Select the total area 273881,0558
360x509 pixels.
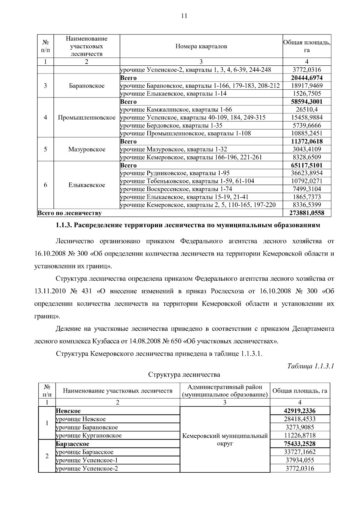(307, 213)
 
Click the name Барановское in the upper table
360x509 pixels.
(87, 86)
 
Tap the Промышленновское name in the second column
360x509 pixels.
(87, 118)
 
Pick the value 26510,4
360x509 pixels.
(307, 109)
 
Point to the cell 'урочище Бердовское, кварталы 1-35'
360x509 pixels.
(171, 125)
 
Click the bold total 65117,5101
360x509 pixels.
(307, 165)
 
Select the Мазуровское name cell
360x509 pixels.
(87, 149)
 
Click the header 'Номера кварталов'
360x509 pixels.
(201, 46)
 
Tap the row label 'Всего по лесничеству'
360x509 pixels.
(69, 213)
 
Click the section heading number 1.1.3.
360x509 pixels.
(64, 225)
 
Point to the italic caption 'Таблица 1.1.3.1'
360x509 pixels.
(310, 366)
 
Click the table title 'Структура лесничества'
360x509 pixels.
(184, 375)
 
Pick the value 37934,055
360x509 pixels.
(300, 460)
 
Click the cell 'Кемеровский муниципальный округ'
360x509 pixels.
(225, 439)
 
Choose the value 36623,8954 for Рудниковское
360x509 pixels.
(307, 173)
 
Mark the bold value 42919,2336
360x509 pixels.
(300, 411)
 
